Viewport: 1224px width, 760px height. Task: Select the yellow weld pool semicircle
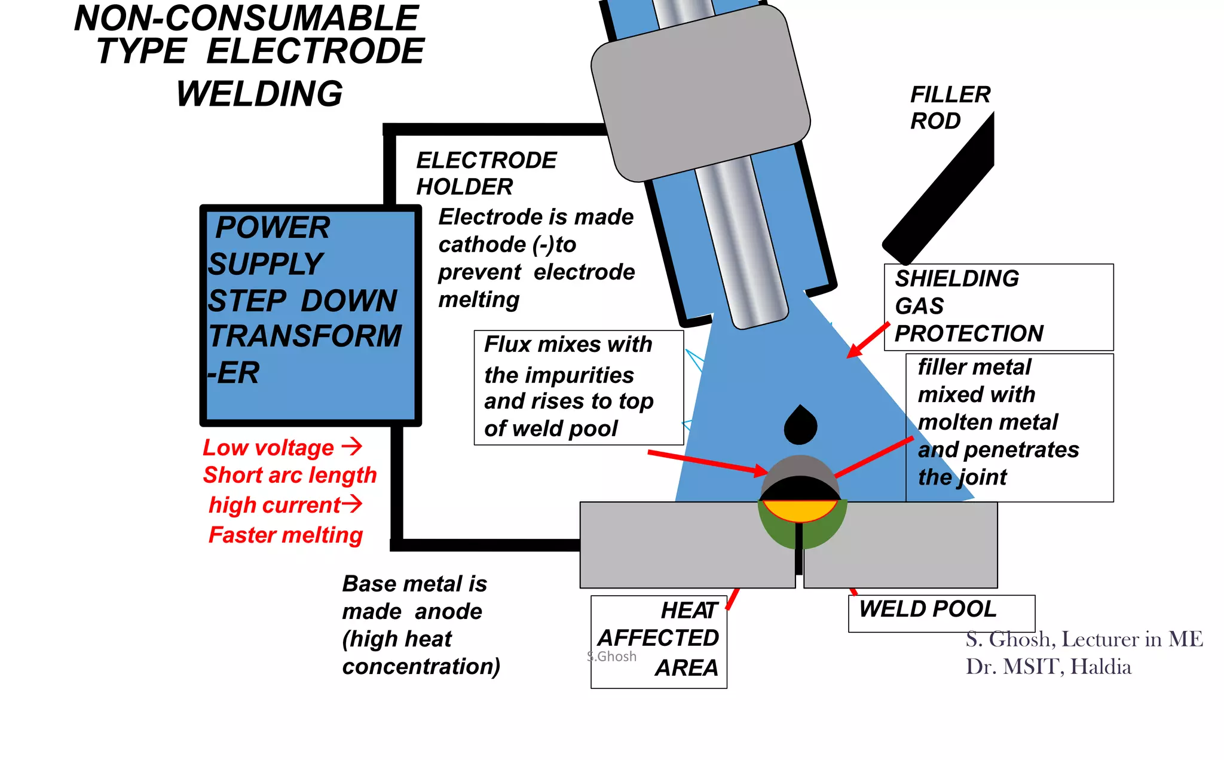[800, 510]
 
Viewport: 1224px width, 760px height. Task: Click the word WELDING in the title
[259, 94]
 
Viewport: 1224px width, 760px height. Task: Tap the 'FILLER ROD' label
[949, 108]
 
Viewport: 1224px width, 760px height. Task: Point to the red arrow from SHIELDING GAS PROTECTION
[868, 341]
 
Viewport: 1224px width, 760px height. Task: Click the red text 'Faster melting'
[286, 535]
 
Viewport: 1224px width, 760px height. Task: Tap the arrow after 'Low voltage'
[352, 446]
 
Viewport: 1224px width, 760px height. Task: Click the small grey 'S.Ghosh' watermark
[611, 657]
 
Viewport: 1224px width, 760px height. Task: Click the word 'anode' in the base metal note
[448, 612]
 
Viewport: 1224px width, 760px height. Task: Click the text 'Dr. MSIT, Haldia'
[1048, 667]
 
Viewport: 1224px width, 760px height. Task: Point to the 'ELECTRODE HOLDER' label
[485, 173]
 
